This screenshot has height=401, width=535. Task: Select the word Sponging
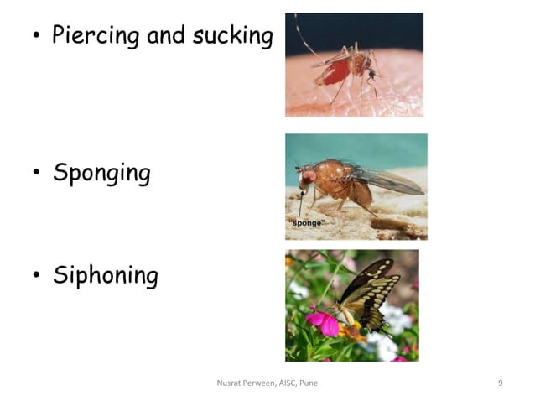click(101, 174)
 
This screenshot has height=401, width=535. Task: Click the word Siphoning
click(105, 275)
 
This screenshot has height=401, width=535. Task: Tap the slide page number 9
click(500, 383)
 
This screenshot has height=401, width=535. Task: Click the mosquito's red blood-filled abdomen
click(335, 72)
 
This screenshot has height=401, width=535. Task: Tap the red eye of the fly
click(307, 177)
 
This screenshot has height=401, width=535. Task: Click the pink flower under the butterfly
click(322, 320)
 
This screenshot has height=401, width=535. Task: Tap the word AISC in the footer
click(283, 383)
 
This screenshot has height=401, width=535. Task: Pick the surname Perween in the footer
click(257, 383)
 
